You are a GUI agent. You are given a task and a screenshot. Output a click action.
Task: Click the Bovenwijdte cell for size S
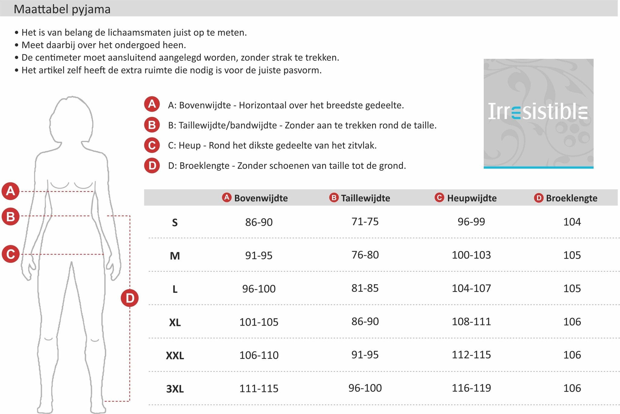click(x=259, y=222)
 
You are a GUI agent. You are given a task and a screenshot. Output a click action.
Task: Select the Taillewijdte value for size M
click(x=365, y=255)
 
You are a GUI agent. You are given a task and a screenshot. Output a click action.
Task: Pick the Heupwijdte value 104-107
click(x=471, y=288)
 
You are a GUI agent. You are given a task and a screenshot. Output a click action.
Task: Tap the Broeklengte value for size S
click(x=572, y=222)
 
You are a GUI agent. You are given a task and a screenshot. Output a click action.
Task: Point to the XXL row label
click(x=175, y=355)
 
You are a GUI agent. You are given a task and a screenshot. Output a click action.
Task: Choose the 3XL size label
click(x=175, y=389)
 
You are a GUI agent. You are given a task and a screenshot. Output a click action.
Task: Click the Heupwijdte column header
click(x=472, y=198)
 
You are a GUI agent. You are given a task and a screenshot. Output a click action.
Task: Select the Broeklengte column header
click(x=572, y=198)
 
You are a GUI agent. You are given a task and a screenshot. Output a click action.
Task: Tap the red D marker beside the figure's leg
click(x=130, y=298)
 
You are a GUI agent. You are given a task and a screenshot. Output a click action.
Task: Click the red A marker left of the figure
click(x=11, y=191)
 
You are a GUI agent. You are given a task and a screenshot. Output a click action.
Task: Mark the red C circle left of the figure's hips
click(x=11, y=254)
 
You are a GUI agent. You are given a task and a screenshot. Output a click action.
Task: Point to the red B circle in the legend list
click(x=152, y=125)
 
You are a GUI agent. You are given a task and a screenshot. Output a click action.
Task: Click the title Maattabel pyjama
click(x=62, y=9)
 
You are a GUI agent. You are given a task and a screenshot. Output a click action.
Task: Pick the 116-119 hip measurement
click(x=471, y=388)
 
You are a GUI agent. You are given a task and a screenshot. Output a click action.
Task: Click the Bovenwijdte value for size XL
click(x=259, y=322)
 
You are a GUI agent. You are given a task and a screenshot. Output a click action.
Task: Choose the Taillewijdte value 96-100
click(x=365, y=388)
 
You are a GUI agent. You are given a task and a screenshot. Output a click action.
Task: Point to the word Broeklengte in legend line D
click(x=204, y=166)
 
